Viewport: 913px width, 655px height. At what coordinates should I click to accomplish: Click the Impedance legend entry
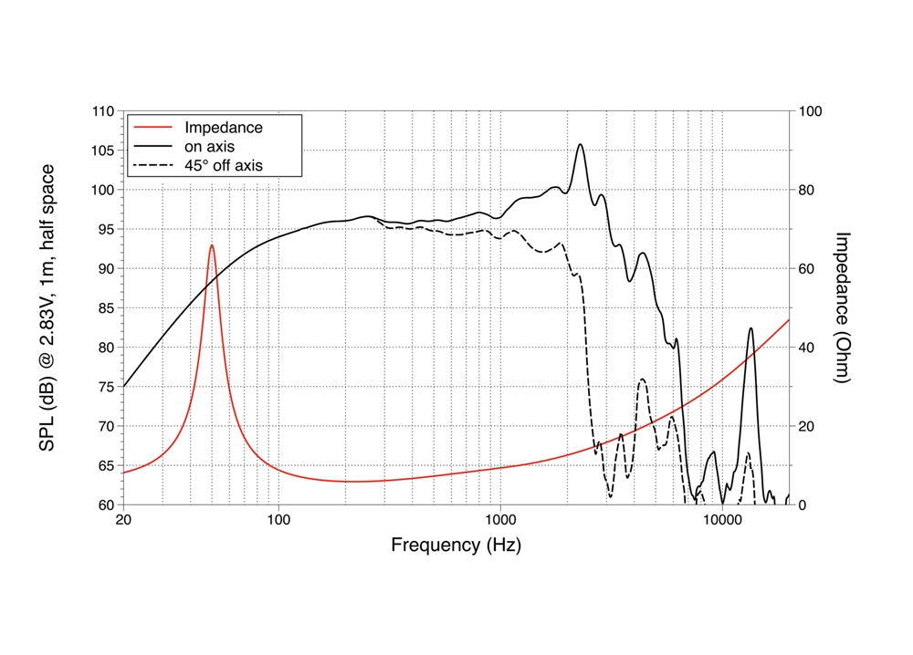(x=223, y=128)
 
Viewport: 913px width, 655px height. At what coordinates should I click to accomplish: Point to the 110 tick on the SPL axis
(x=103, y=111)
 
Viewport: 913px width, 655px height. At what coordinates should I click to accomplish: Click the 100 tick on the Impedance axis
(x=810, y=111)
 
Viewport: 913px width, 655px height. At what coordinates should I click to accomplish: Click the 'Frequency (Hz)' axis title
(x=456, y=546)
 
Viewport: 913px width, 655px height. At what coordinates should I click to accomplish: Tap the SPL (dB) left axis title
(x=47, y=307)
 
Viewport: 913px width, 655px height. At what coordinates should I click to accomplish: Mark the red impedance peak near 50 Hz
(x=212, y=245)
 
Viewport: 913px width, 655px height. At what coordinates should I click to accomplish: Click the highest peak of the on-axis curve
(x=580, y=144)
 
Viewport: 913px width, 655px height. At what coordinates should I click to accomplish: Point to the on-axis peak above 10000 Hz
(x=750, y=328)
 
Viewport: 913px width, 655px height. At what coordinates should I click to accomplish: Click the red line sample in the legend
(x=152, y=128)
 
